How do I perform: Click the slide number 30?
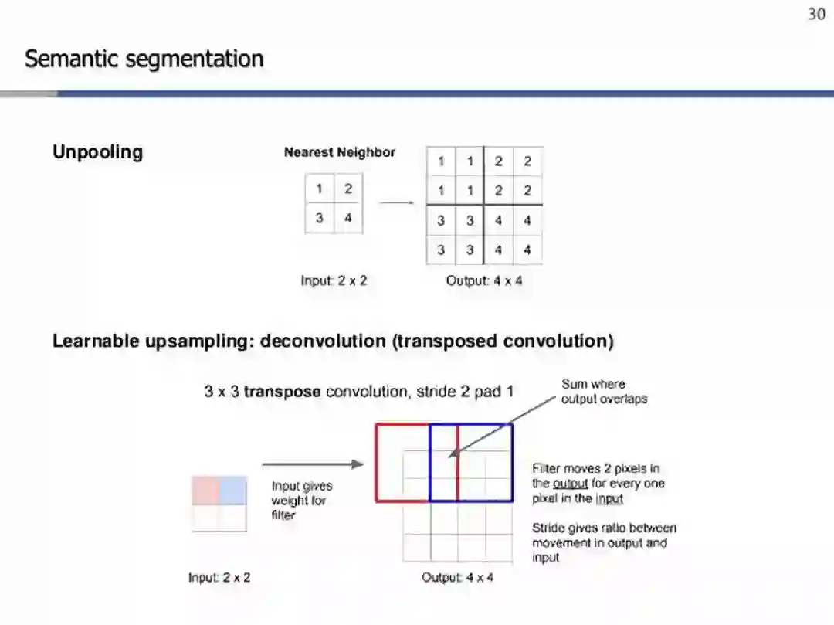pyautogui.click(x=816, y=14)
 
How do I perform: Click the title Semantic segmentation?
pyautogui.click(x=144, y=59)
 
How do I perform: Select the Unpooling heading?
pyautogui.click(x=97, y=151)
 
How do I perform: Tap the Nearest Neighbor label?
pyautogui.click(x=339, y=152)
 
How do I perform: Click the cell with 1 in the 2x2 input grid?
pyautogui.click(x=320, y=189)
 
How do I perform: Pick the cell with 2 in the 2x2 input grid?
pyautogui.click(x=348, y=189)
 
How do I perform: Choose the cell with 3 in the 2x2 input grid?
pyautogui.click(x=320, y=218)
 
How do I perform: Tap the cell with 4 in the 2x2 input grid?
pyautogui.click(x=348, y=218)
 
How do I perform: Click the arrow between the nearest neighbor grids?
pyautogui.click(x=396, y=203)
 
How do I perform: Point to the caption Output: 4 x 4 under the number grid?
pyautogui.click(x=483, y=280)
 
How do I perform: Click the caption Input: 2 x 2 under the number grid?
pyautogui.click(x=334, y=280)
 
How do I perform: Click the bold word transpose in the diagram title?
pyautogui.click(x=282, y=392)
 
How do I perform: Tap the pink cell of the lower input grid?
pyautogui.click(x=205, y=491)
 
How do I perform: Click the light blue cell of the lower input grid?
pyautogui.click(x=233, y=491)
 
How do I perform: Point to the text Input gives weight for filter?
pyautogui.click(x=301, y=500)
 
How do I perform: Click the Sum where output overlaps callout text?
pyautogui.click(x=604, y=392)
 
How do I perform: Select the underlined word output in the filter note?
pyautogui.click(x=570, y=484)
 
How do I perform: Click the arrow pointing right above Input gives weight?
pyautogui.click(x=312, y=464)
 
